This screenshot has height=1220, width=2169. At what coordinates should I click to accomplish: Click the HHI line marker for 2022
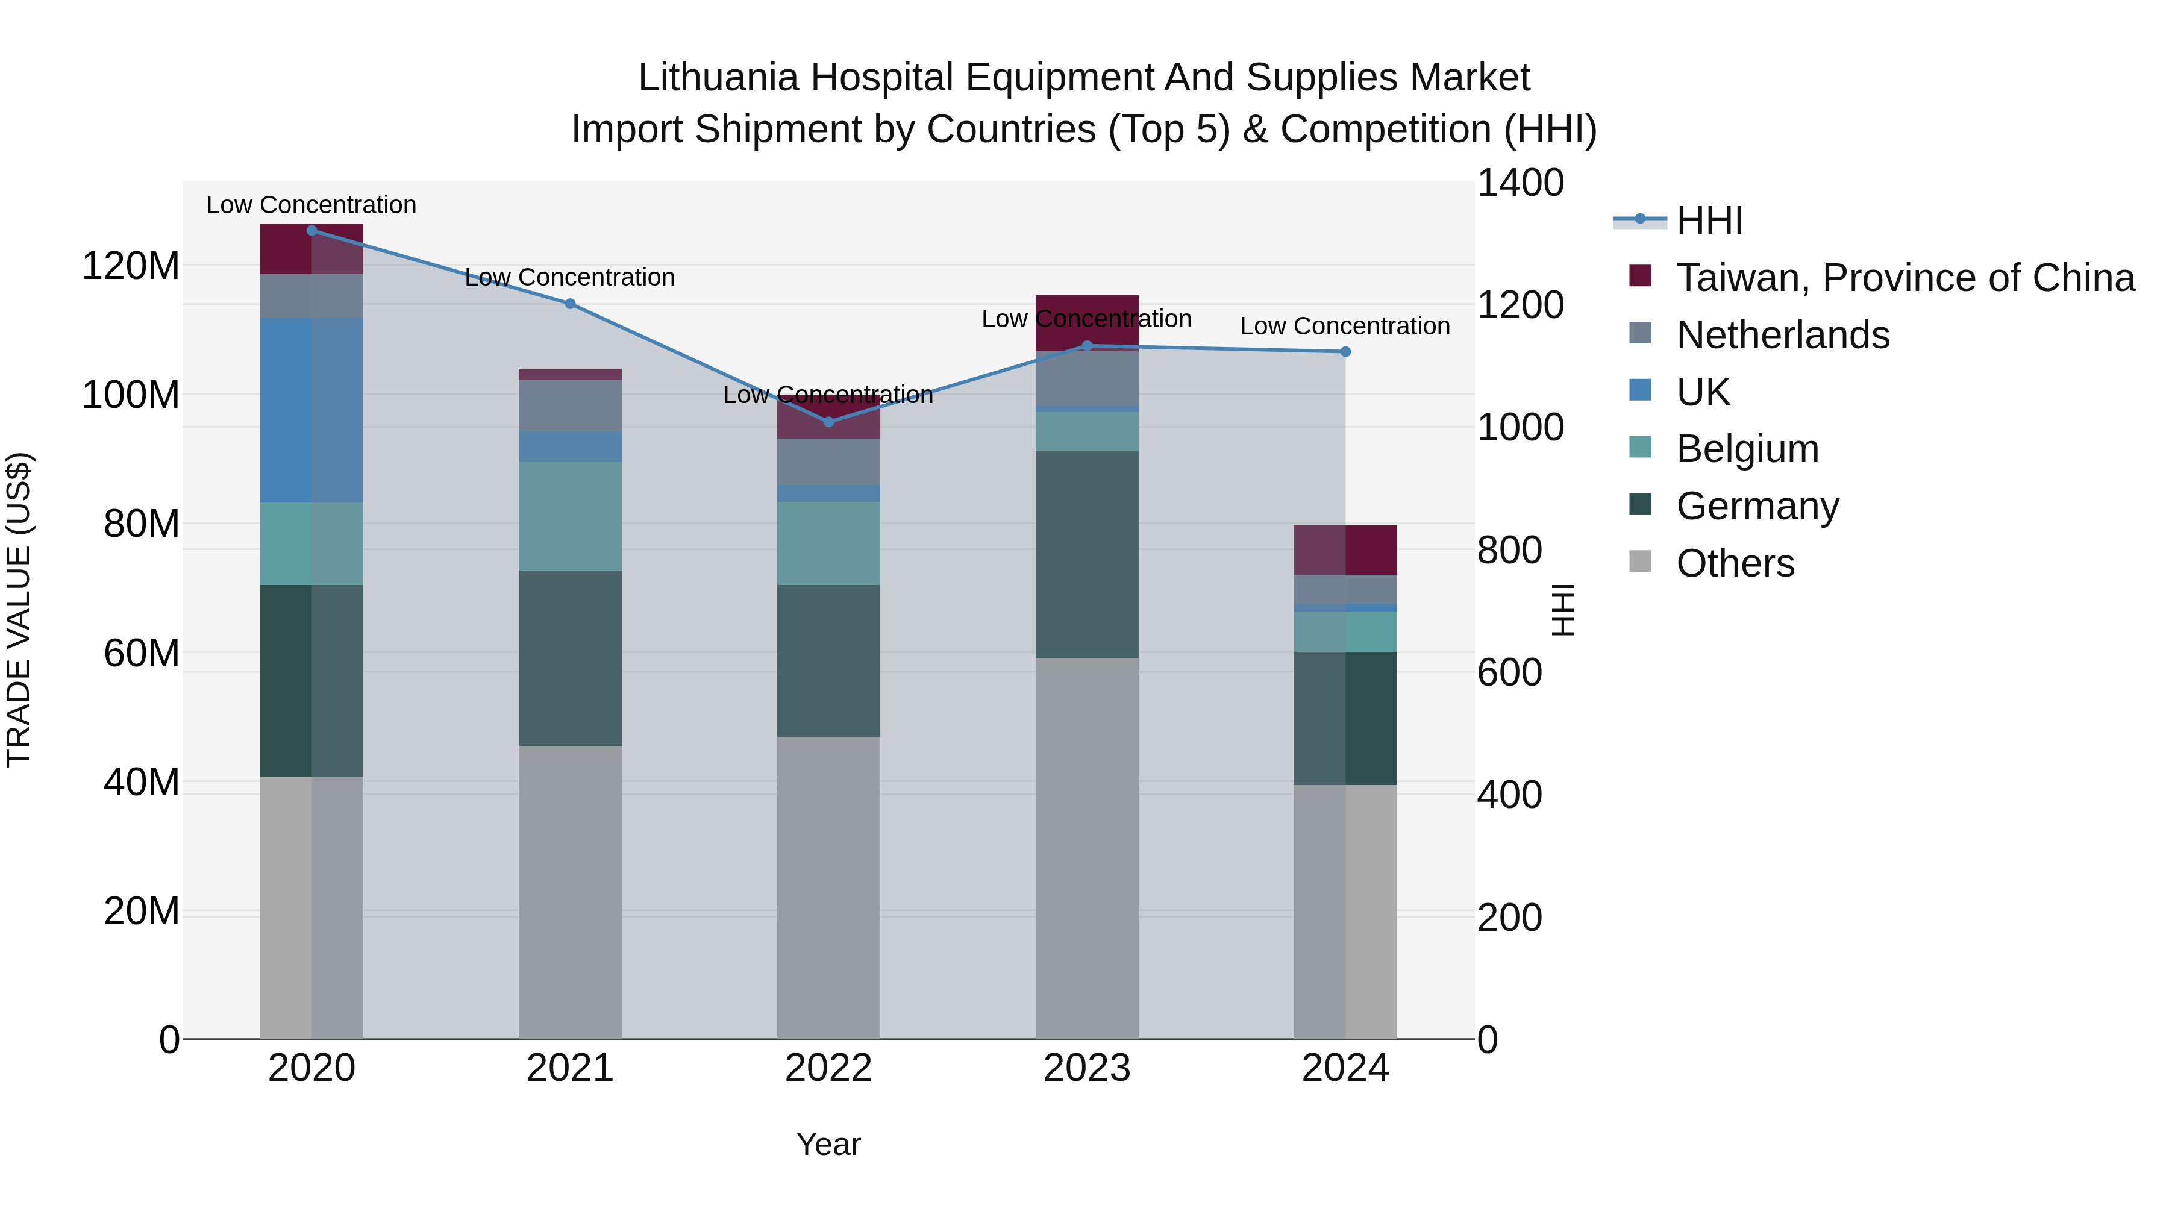[828, 422]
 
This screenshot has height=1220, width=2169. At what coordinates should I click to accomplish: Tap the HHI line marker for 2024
[1345, 352]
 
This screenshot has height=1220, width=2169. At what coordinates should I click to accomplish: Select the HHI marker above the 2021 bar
[570, 304]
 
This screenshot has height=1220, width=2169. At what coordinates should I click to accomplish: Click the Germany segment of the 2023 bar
[1086, 554]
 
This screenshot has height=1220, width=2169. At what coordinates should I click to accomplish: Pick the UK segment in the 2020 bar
[311, 410]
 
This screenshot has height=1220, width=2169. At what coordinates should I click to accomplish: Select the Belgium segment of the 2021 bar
[570, 516]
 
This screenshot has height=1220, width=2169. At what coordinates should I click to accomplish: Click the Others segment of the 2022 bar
[828, 887]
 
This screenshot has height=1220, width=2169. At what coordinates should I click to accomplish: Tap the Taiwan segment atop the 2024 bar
[1345, 550]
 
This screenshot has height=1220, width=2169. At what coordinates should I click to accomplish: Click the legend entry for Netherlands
[1783, 335]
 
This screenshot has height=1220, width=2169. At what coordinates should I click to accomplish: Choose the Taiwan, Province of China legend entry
[1905, 278]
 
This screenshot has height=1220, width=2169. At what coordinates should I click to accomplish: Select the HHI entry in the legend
[1709, 221]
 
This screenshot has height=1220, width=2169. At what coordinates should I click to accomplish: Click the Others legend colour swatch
[1640, 562]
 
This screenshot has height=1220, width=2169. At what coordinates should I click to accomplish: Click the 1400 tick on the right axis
[1521, 183]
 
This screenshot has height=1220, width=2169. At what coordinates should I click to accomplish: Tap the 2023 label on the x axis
[1086, 1068]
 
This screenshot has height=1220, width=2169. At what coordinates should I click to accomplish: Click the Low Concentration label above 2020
[311, 205]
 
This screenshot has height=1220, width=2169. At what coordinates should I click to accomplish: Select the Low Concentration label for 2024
[1345, 326]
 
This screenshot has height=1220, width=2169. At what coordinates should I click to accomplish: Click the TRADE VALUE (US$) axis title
[19, 610]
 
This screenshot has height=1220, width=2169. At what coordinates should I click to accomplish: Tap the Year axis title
[828, 1144]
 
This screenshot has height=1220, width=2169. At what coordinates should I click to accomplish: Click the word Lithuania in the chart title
[718, 78]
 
